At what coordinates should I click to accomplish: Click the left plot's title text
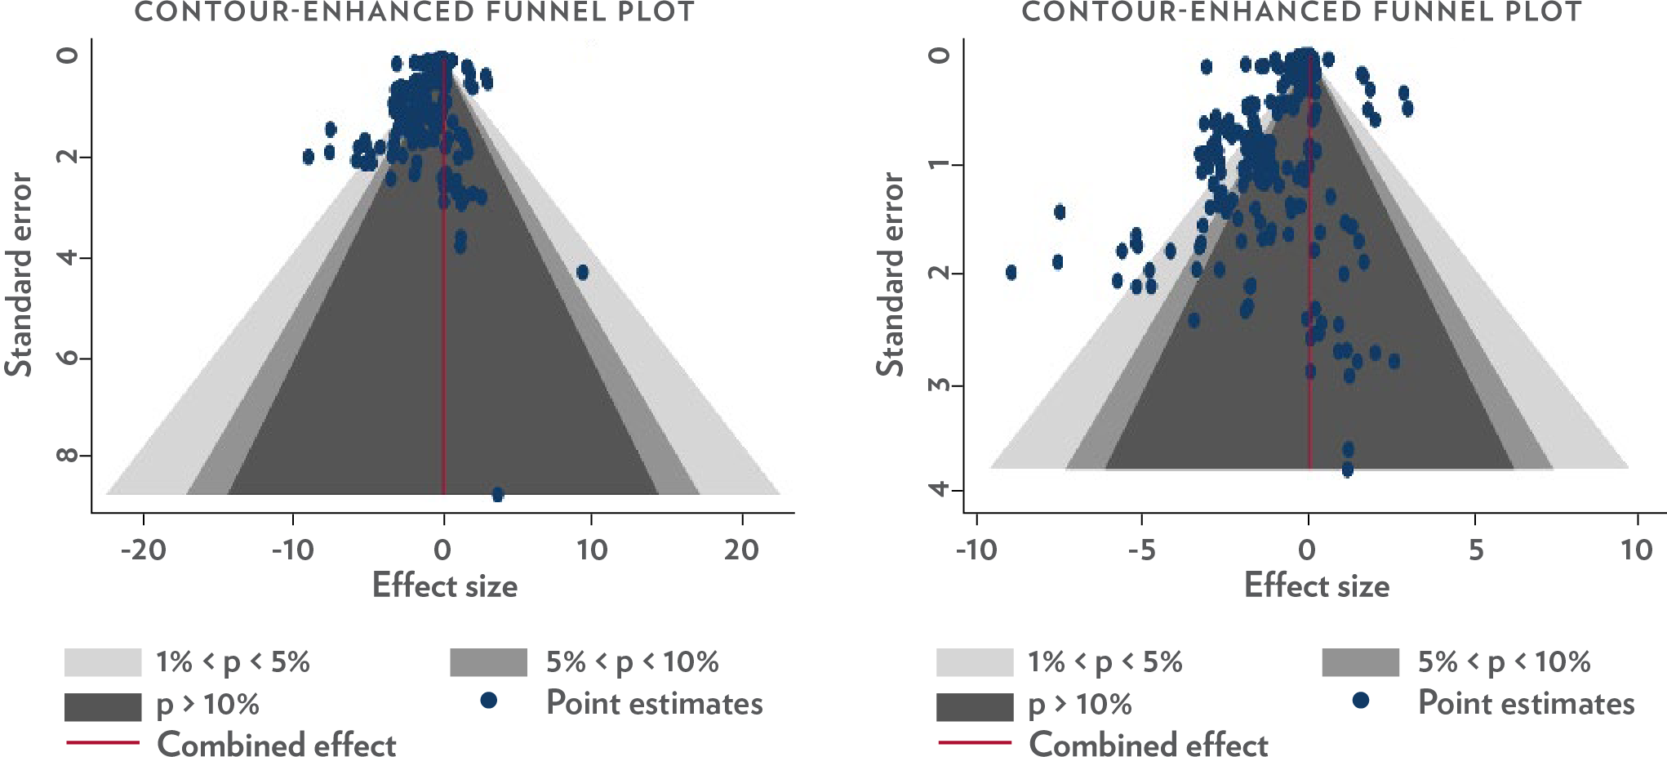pos(415,12)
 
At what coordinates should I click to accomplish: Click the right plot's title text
pos(1301,12)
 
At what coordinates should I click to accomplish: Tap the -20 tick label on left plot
pos(144,550)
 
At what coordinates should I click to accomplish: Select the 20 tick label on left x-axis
pos(741,550)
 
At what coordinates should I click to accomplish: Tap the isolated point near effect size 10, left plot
pos(582,272)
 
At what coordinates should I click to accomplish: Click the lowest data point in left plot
pos(498,494)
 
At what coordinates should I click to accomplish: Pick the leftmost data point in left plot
pos(308,157)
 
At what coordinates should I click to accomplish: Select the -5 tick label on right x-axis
pos(1141,550)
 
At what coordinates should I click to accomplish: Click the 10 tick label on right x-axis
pos(1636,550)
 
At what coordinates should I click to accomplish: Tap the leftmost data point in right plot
pos(1011,272)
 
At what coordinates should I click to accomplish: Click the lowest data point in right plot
pos(1347,470)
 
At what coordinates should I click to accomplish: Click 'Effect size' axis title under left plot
pos(444,586)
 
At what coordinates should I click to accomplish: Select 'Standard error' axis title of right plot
pos(891,274)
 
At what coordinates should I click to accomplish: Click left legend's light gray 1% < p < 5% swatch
pos(103,662)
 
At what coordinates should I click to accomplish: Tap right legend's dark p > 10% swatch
pos(975,706)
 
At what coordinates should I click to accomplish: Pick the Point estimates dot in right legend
pos(1361,700)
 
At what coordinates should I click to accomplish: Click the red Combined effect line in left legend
pos(103,742)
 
